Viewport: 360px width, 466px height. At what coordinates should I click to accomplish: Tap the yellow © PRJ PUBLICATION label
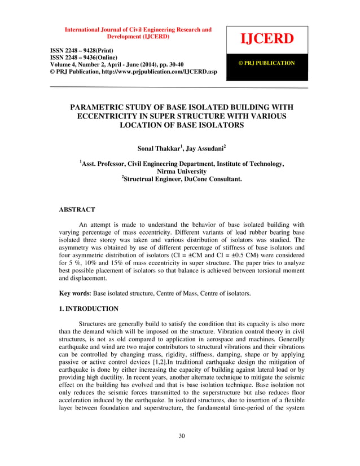[267, 63]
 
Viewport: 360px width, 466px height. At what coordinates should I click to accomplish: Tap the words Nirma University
[181, 171]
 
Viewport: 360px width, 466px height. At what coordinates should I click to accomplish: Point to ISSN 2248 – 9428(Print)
[84, 51]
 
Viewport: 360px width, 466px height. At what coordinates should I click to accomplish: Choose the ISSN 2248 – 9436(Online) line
[86, 58]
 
